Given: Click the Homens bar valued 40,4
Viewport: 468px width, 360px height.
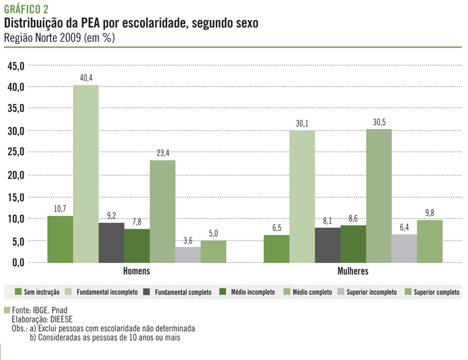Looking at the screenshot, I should click(86, 174).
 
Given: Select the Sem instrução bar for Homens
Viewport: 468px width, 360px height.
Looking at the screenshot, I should click(60, 239).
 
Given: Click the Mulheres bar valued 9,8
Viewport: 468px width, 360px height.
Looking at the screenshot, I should click(429, 241).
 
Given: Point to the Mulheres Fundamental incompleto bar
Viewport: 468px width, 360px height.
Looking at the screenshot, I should click(302, 197).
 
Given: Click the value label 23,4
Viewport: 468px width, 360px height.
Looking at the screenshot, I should click(163, 153).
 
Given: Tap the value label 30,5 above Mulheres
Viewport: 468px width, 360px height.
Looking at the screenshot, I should click(379, 121).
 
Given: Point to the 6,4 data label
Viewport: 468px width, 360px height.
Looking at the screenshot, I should click(404, 227).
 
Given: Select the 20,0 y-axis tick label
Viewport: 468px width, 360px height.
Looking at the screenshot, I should click(16, 175).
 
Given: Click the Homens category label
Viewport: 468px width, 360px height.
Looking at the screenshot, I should click(137, 272).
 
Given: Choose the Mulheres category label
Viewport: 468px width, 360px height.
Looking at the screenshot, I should click(354, 272).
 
